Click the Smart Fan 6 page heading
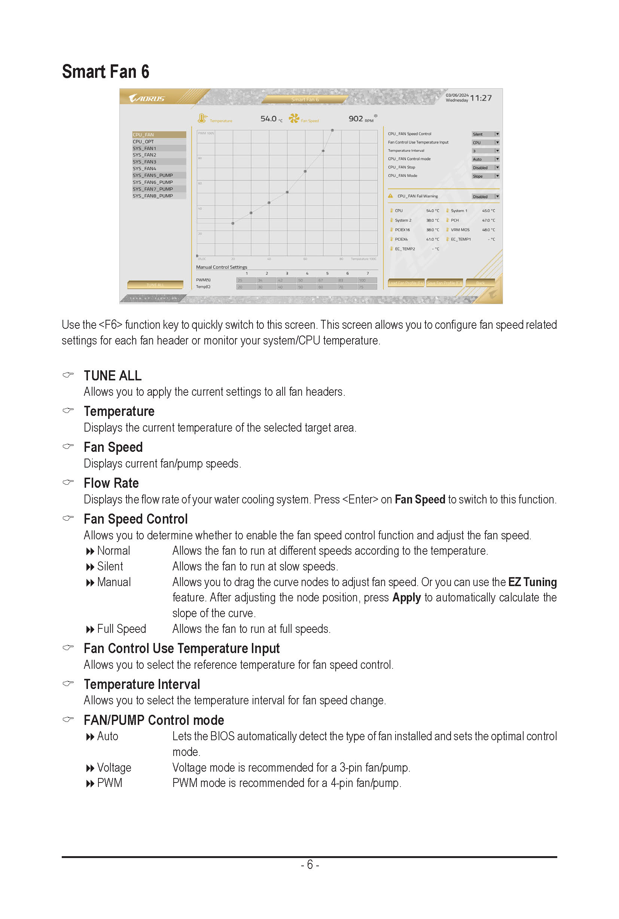click(x=106, y=72)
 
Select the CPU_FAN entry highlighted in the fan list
click(x=159, y=135)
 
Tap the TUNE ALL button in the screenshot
click(x=155, y=285)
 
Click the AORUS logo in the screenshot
click(x=146, y=98)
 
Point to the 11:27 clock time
click(x=481, y=98)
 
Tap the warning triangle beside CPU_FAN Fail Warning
click(x=390, y=196)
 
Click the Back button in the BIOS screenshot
click(x=480, y=282)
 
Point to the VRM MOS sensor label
click(x=460, y=230)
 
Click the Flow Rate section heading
click(x=111, y=483)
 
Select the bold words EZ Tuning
click(x=532, y=582)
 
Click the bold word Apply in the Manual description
click(x=406, y=597)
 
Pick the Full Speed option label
click(x=121, y=629)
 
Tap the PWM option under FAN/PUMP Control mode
click(x=109, y=783)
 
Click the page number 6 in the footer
click(x=310, y=864)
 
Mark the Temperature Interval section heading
click(x=142, y=684)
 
